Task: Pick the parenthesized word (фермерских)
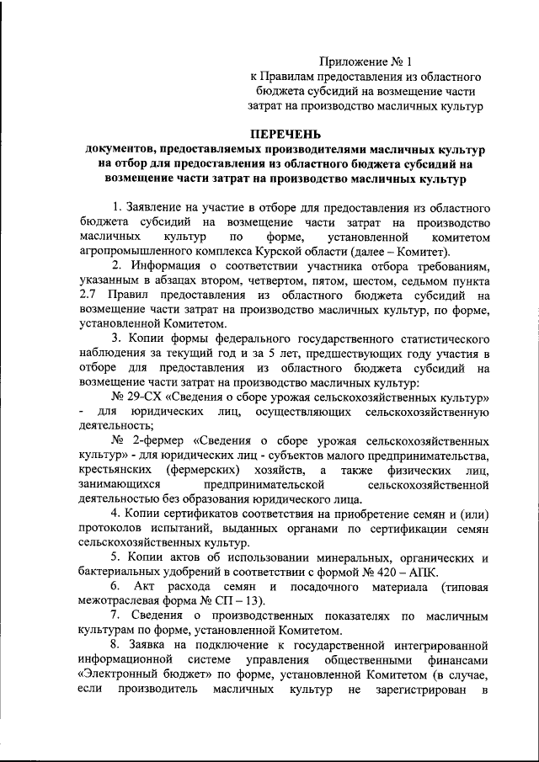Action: click(x=208, y=470)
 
